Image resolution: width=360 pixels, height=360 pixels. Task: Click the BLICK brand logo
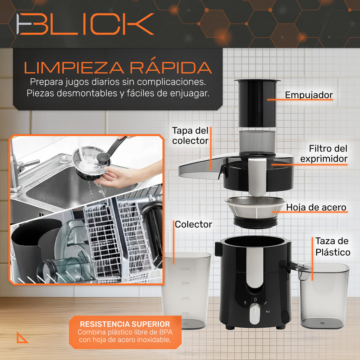click(x=86, y=24)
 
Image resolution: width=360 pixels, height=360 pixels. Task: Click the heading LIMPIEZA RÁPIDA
click(x=118, y=67)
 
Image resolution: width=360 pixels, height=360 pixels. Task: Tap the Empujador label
click(x=309, y=95)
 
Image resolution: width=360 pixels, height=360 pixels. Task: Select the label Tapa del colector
click(x=190, y=136)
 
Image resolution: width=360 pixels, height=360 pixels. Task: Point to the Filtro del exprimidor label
click(x=323, y=154)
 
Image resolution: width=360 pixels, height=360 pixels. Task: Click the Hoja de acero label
click(x=316, y=207)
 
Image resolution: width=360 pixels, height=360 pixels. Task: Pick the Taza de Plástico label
click(x=332, y=246)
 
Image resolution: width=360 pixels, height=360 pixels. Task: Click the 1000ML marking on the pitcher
click(x=185, y=269)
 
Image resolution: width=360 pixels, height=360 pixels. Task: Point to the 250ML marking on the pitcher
click(x=185, y=313)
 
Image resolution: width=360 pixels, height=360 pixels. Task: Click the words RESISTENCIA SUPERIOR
click(x=125, y=324)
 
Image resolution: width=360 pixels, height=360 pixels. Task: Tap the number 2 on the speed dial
click(x=268, y=312)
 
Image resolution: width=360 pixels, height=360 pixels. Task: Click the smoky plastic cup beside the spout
click(x=324, y=295)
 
